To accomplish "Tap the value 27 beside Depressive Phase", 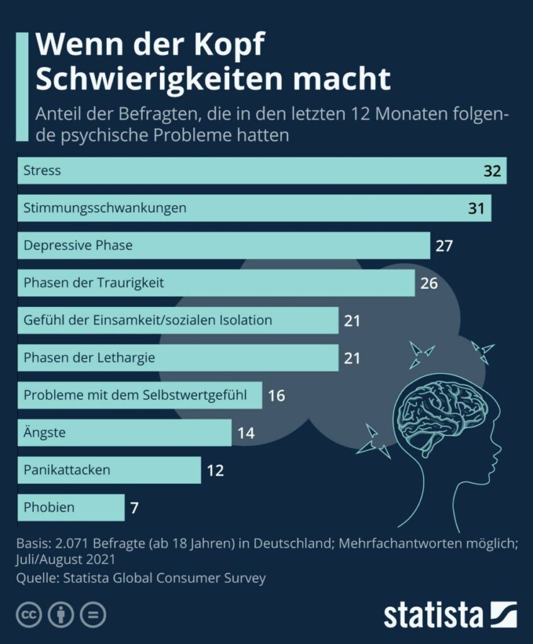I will [444, 245].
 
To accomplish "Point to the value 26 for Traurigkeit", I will [429, 283].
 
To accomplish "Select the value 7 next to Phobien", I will [134, 508].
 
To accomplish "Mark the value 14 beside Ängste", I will [246, 433].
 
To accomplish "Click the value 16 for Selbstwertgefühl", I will [276, 396].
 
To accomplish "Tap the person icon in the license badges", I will [61, 614].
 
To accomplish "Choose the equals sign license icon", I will [93, 614].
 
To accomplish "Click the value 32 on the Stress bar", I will [491, 171].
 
